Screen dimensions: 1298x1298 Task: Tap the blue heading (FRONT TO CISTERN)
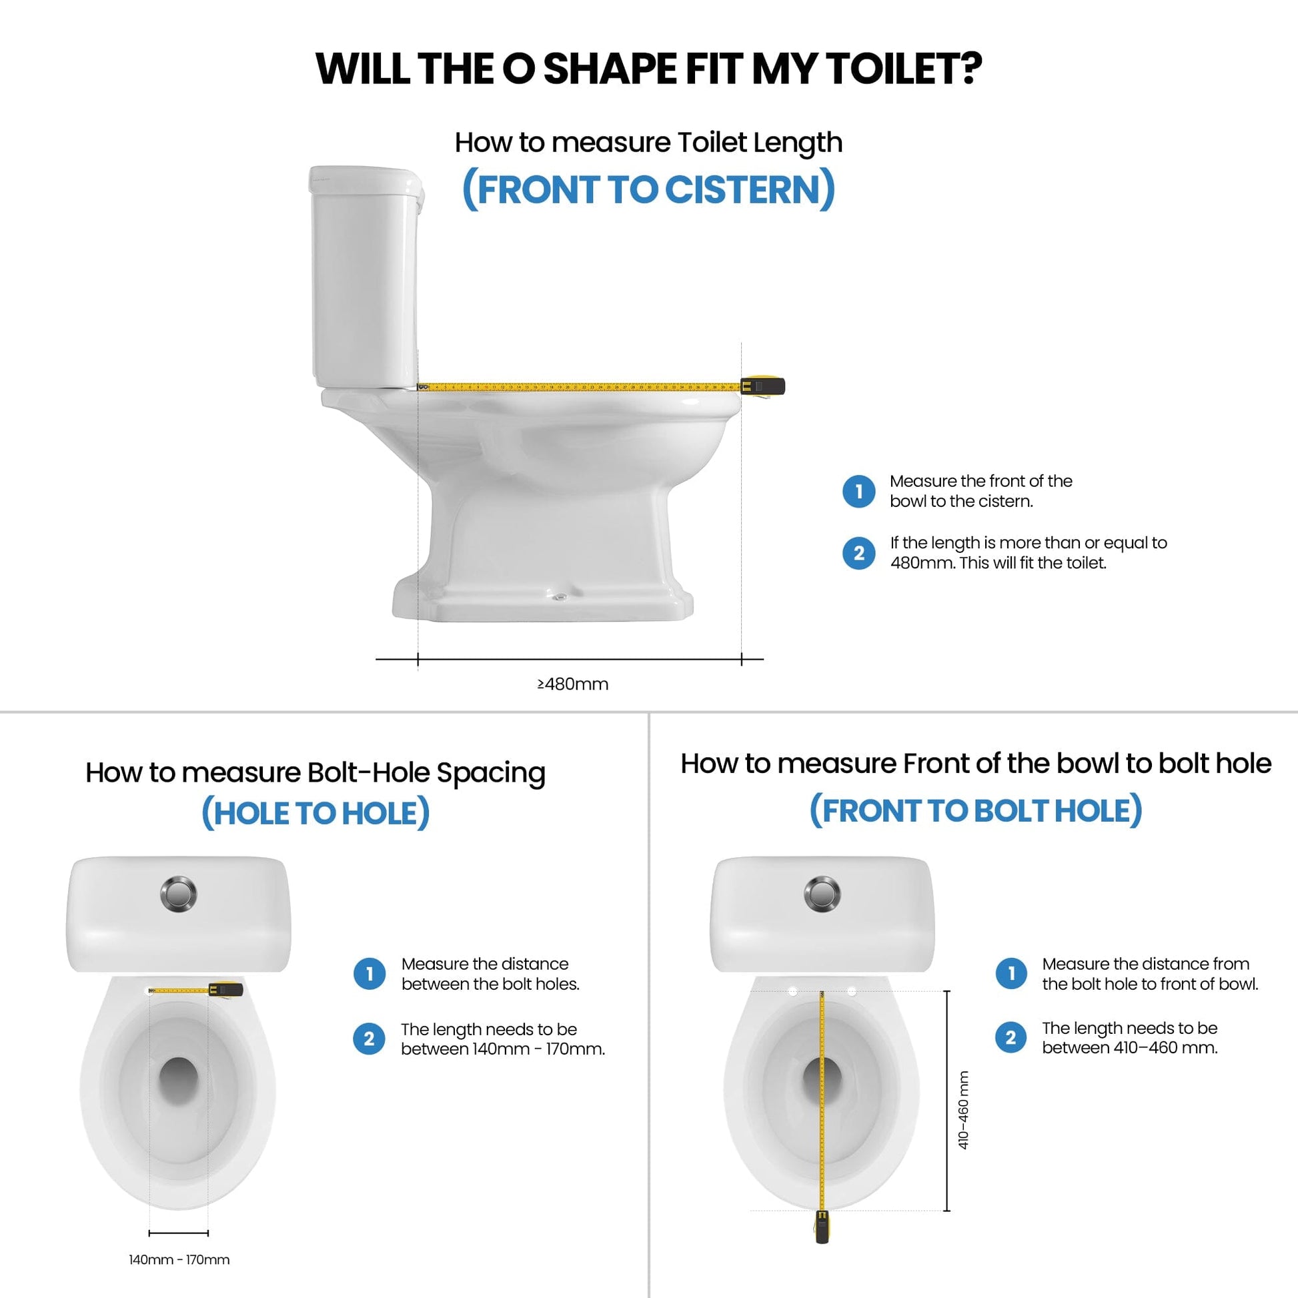[648, 189]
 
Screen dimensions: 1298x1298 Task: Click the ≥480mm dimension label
[572, 684]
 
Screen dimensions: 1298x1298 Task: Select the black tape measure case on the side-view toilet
[763, 386]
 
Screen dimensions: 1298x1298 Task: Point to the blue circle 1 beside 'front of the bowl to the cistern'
[858, 491]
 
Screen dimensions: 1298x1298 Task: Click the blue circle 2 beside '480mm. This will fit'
[858, 553]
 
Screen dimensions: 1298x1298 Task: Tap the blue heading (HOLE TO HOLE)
[315, 813]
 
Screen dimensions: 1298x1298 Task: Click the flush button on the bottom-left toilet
[179, 894]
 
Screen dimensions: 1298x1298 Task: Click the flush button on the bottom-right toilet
[822, 894]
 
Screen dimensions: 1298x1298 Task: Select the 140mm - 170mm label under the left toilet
[179, 1260]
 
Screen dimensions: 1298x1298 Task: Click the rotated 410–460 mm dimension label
[963, 1110]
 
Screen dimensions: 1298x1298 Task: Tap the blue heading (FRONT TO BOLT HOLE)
[976, 810]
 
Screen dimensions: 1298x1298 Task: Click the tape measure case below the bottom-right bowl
[822, 1226]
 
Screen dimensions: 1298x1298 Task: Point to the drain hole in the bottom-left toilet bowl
[179, 1077]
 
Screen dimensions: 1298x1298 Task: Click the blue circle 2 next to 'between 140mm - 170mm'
[369, 1039]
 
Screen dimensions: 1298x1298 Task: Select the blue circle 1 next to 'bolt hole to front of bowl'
[1011, 972]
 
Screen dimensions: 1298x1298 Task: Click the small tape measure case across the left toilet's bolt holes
[225, 989]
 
